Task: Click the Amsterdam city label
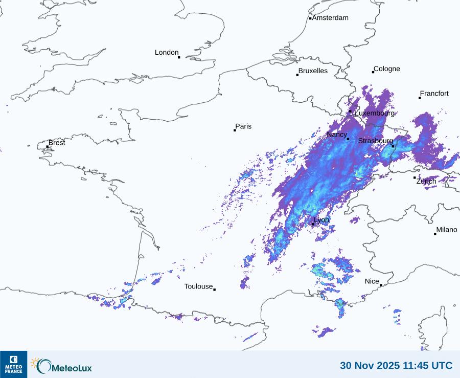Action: (x=330, y=18)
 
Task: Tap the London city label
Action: (x=167, y=52)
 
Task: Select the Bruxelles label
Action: (x=313, y=71)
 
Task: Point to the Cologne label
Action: (x=387, y=69)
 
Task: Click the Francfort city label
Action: (x=434, y=94)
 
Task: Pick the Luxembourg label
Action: (x=375, y=113)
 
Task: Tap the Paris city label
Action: (x=243, y=126)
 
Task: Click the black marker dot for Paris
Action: (x=235, y=130)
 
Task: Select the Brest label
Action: (x=57, y=143)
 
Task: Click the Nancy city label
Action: (x=337, y=135)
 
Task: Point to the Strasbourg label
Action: (x=376, y=141)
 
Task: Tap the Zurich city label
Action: (x=426, y=181)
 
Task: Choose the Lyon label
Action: (x=321, y=220)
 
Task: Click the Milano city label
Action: (x=447, y=230)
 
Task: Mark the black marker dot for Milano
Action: (x=435, y=234)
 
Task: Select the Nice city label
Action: (x=372, y=281)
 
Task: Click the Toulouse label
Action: (x=198, y=286)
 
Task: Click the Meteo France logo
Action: (x=14, y=364)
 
